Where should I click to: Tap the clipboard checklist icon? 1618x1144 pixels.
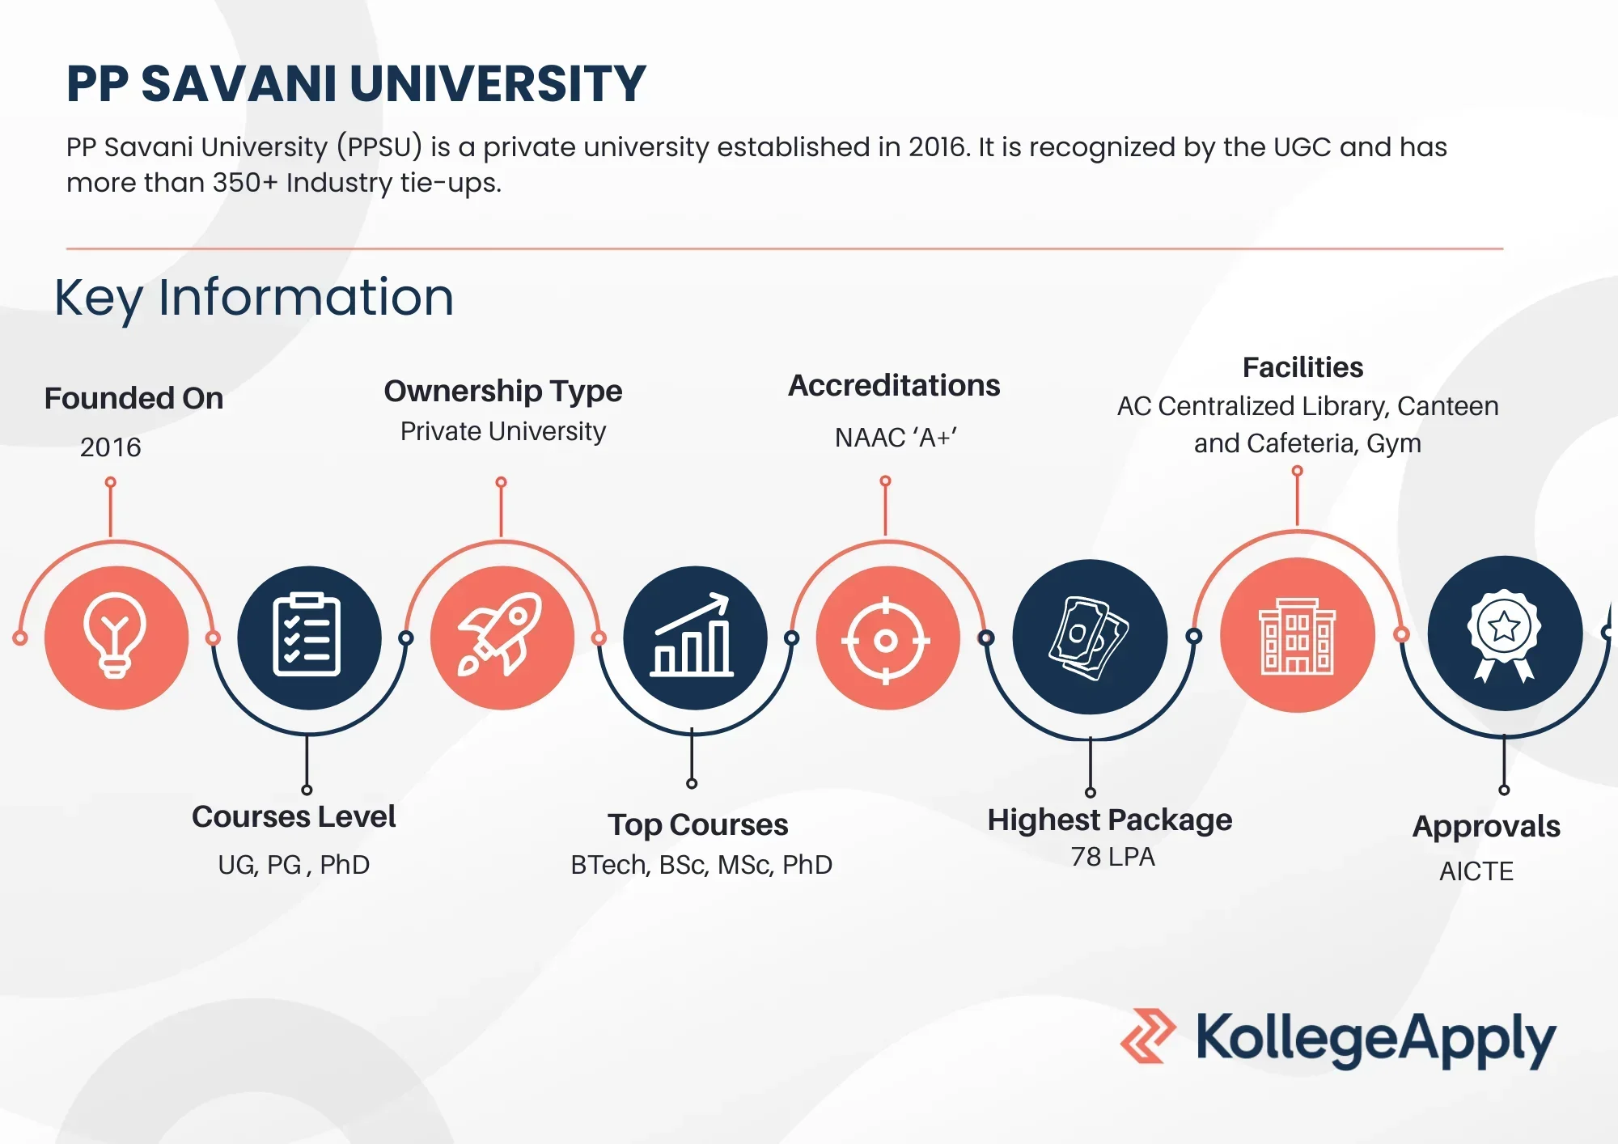[x=307, y=635]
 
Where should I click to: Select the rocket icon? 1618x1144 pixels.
[x=501, y=634]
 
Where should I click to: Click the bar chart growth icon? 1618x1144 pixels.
[x=693, y=635]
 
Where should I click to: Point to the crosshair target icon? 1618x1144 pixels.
[x=886, y=641]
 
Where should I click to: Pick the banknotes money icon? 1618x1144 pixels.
[x=1089, y=638]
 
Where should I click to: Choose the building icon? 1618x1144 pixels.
[x=1298, y=636]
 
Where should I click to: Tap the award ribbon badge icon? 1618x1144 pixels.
[x=1504, y=635]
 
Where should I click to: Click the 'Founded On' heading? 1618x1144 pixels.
[x=133, y=398]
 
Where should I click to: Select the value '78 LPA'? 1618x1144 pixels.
[x=1113, y=857]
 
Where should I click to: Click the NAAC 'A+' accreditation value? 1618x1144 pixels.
[x=896, y=438]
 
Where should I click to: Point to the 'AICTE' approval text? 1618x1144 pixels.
[x=1476, y=871]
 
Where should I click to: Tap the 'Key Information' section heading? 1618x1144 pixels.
[x=254, y=298]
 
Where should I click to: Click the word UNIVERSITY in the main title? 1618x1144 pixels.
[x=498, y=83]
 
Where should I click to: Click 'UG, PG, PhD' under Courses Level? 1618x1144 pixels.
[x=294, y=865]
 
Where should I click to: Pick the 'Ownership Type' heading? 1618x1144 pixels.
[x=503, y=391]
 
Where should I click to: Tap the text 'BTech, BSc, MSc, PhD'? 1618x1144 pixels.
[x=701, y=865]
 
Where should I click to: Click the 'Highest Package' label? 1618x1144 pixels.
[x=1110, y=820]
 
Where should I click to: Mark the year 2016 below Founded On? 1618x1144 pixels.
[x=111, y=447]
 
